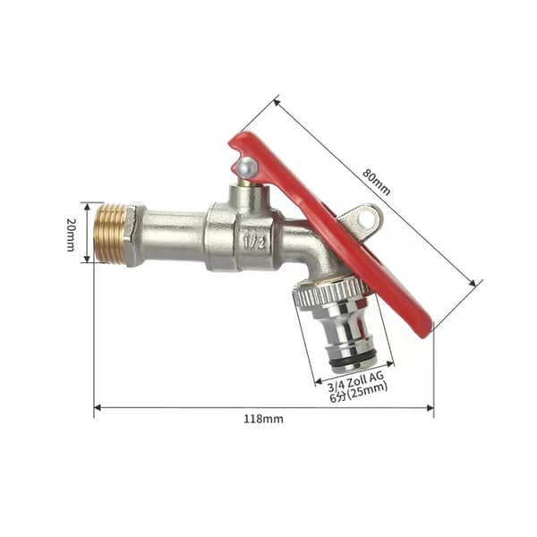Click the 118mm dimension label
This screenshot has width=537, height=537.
click(x=263, y=419)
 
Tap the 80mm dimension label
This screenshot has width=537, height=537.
click(x=377, y=182)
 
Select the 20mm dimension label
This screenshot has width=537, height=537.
click(x=71, y=234)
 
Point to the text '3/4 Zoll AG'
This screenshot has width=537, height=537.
click(x=356, y=381)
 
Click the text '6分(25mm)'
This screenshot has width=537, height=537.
click(x=359, y=392)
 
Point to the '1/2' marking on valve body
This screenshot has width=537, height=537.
click(x=254, y=243)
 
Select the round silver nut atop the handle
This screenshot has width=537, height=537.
click(x=248, y=166)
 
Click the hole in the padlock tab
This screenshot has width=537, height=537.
click(x=364, y=218)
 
